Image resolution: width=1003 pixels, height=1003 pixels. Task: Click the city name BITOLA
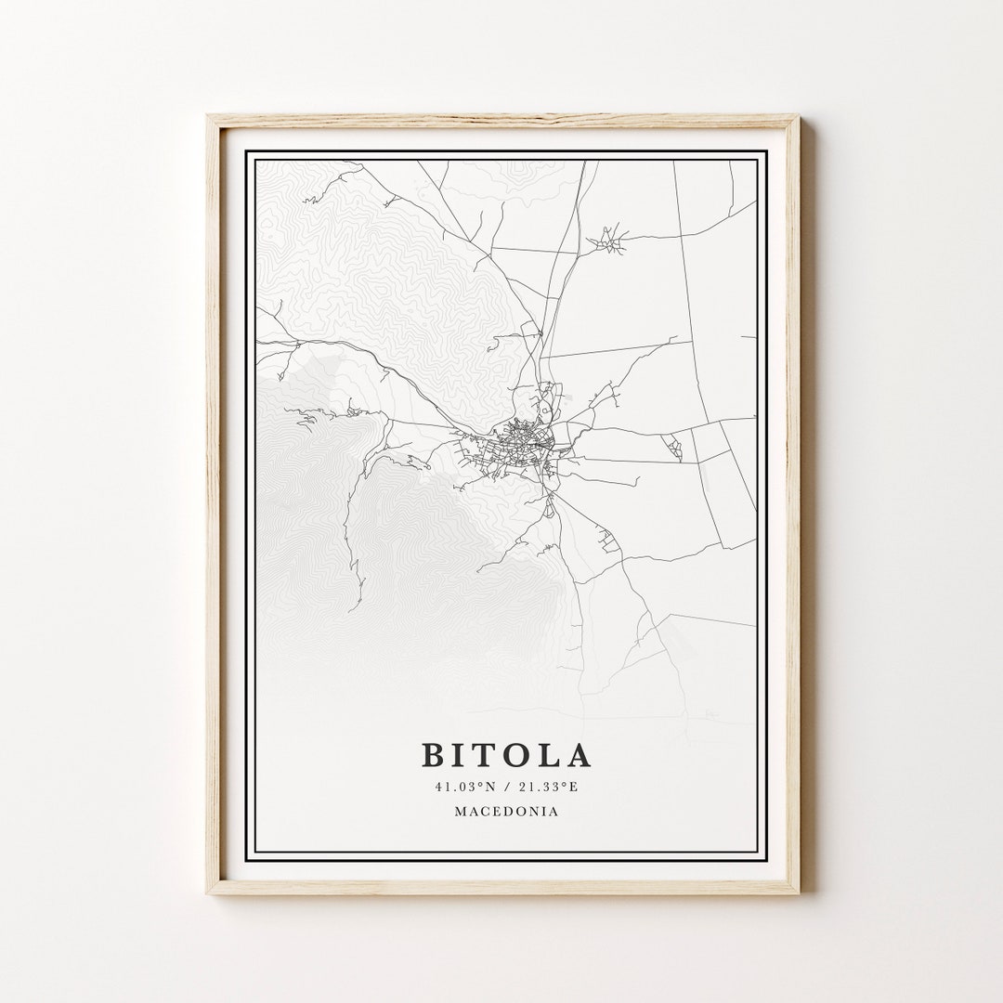506,755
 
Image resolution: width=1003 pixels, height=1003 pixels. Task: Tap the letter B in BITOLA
433,755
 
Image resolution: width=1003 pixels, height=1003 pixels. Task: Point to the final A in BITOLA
579,755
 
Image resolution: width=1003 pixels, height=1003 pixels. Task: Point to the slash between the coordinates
507,787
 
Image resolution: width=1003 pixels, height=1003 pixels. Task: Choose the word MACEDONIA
506,811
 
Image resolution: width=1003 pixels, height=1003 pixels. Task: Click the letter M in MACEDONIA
461,811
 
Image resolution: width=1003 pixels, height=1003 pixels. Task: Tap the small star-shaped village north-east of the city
606,240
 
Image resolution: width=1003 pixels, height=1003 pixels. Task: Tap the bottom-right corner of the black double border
765,859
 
